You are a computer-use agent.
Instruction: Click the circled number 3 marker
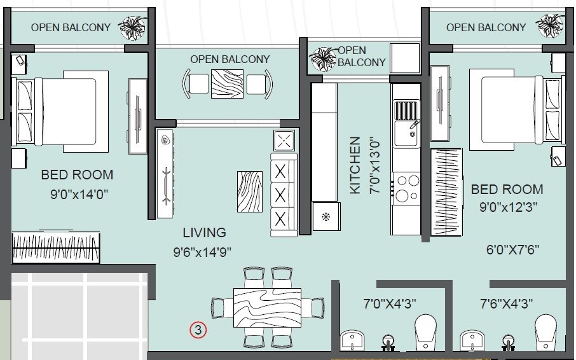(x=198, y=329)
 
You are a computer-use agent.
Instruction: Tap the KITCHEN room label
(x=355, y=165)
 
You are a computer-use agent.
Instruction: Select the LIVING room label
(x=204, y=232)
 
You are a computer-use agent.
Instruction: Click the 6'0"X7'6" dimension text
(x=512, y=250)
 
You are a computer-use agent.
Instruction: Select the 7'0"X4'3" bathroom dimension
(x=390, y=303)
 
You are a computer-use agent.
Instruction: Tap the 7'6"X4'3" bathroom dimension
(x=507, y=303)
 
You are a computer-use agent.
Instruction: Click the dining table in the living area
(x=266, y=307)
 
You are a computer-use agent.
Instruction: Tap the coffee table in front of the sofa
(x=249, y=191)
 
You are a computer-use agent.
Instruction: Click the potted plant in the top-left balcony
(x=134, y=27)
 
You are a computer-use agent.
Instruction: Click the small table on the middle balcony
(x=228, y=83)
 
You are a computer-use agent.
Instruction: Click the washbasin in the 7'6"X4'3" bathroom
(x=471, y=340)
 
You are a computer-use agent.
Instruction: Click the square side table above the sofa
(x=284, y=140)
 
